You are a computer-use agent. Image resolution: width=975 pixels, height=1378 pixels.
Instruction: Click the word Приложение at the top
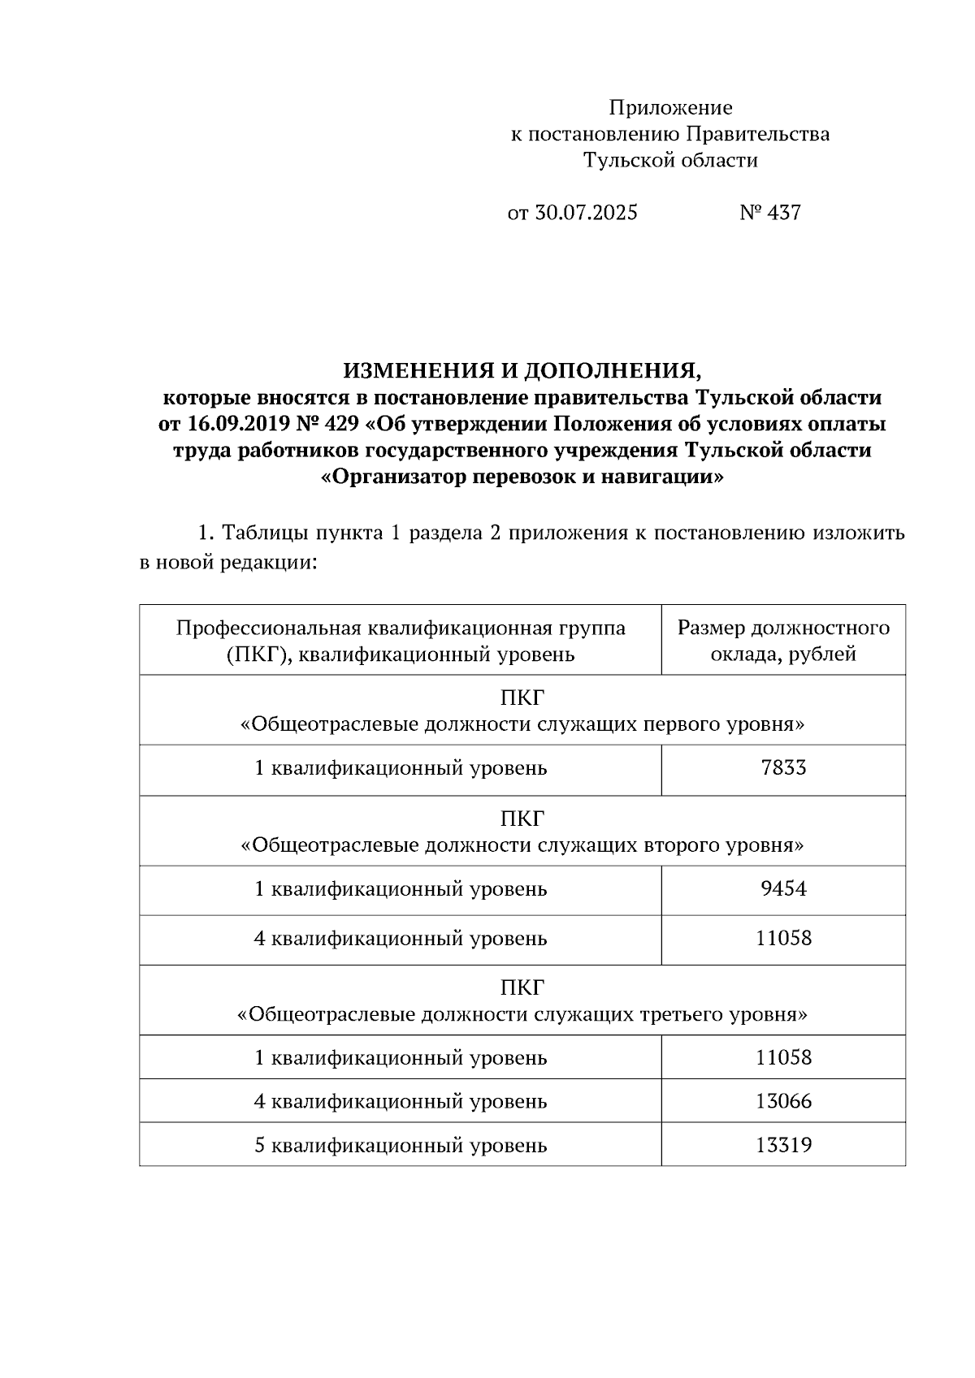670,108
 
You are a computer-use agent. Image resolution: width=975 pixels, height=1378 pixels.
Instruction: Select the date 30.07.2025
586,213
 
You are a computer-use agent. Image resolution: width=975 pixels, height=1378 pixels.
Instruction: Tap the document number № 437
770,213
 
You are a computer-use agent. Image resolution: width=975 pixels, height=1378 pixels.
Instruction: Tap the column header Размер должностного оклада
783,640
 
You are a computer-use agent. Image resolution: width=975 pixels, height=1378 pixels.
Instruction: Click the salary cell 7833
783,768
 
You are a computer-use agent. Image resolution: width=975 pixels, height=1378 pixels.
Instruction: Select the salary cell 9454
783,889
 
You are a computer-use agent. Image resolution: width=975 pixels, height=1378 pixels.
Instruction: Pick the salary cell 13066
783,1102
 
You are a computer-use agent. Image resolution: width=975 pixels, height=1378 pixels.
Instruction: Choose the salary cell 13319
783,1146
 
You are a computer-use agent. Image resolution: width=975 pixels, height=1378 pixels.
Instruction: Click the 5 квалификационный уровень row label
401,1146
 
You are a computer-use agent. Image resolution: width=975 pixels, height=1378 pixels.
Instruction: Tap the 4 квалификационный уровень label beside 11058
401,939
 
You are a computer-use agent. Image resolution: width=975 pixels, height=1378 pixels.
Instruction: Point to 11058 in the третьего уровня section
783,1058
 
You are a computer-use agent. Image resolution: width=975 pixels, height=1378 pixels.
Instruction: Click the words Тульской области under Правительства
670,161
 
